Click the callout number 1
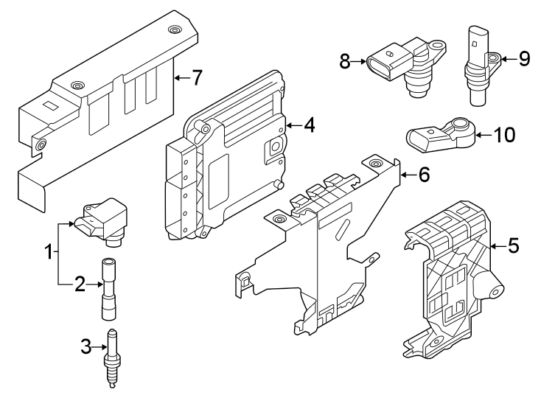[49, 252]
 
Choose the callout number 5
[513, 246]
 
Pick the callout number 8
[345, 61]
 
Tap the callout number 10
[504, 135]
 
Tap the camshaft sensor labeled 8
[410, 63]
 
